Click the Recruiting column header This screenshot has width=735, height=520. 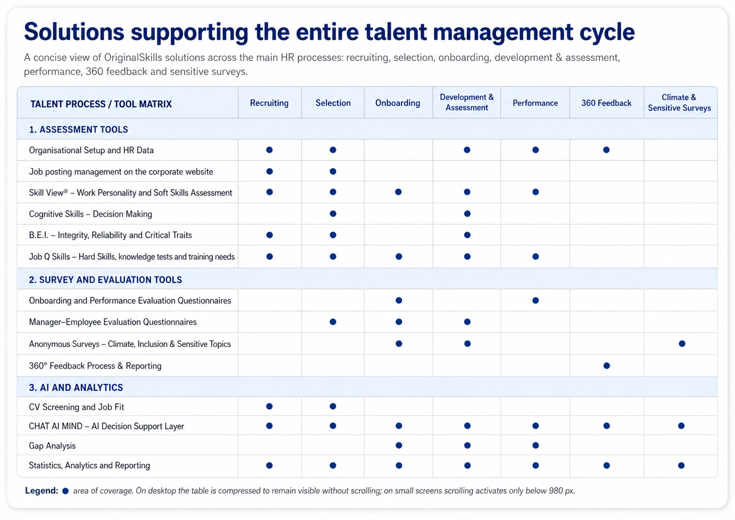tap(269, 103)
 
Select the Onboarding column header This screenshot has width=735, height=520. tap(398, 103)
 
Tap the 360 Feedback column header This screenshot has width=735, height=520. tap(606, 103)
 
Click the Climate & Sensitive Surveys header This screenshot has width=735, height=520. tap(679, 103)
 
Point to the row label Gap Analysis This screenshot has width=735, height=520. tap(52, 446)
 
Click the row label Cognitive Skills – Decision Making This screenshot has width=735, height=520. tap(91, 214)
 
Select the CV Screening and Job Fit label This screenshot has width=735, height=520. tap(76, 407)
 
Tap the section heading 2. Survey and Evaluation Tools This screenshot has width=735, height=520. tap(105, 279)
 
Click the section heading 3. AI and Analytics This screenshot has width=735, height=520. tap(76, 387)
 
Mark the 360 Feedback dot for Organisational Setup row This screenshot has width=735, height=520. tap(606, 150)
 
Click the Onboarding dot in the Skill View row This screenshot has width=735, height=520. tap(398, 192)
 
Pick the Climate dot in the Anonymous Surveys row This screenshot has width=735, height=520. tap(682, 344)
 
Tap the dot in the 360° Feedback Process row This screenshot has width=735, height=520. tap(607, 365)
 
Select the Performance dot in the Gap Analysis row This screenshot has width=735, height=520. tap(535, 445)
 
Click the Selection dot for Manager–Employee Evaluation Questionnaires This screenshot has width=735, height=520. tap(333, 322)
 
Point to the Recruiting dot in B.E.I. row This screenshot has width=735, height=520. tap(269, 235)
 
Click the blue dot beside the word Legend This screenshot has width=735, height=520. tap(65, 491)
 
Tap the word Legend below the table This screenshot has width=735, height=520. tap(41, 491)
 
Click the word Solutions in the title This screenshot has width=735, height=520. tap(74, 32)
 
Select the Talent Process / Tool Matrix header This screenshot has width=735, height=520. tap(101, 104)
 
